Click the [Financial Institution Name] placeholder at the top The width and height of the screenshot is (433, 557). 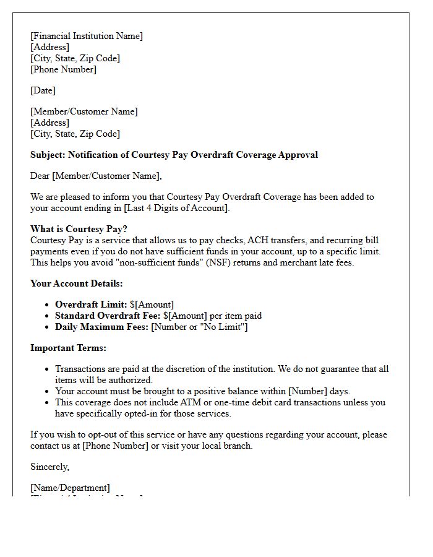[87, 36]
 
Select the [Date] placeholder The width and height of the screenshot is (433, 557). [43, 90]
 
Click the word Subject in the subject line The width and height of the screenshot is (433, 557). [47, 155]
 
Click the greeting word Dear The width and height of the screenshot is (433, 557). [40, 176]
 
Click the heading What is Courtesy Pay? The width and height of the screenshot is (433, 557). [79, 229]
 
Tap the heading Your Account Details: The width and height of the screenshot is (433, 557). [77, 283]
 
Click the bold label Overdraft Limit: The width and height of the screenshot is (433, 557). [91, 304]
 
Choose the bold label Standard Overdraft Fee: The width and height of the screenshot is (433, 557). [103, 316]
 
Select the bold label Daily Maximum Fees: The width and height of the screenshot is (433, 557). [101, 327]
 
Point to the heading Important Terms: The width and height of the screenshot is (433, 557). [68, 348]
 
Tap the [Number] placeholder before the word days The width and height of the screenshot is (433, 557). [312, 391]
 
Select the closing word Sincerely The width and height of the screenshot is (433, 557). [49, 467]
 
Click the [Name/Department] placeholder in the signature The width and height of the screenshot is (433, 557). [70, 488]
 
